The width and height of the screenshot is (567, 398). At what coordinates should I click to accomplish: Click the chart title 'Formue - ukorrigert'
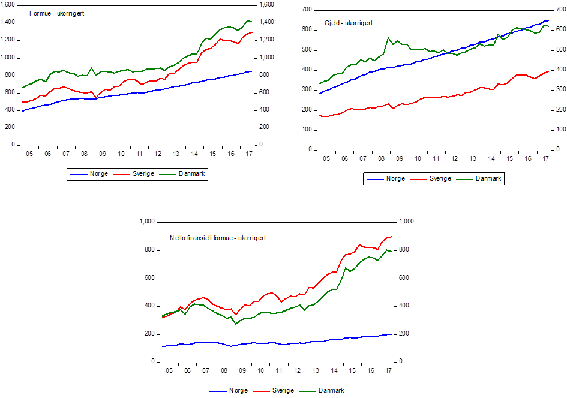coord(57,13)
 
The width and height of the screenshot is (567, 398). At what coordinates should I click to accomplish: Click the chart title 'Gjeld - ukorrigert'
coord(349,23)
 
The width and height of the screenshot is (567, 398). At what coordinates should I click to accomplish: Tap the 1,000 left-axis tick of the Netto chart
coord(147,222)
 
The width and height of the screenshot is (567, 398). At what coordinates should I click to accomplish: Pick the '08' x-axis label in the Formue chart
coord(85,154)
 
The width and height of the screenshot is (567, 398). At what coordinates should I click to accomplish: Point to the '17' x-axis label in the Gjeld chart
coord(546,159)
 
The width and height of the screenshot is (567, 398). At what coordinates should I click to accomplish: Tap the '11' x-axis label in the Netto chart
coord(279,371)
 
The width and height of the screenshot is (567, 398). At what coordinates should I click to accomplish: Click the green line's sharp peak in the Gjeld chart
coord(388,38)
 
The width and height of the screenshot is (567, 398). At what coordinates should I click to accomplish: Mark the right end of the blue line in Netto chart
coord(392,334)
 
